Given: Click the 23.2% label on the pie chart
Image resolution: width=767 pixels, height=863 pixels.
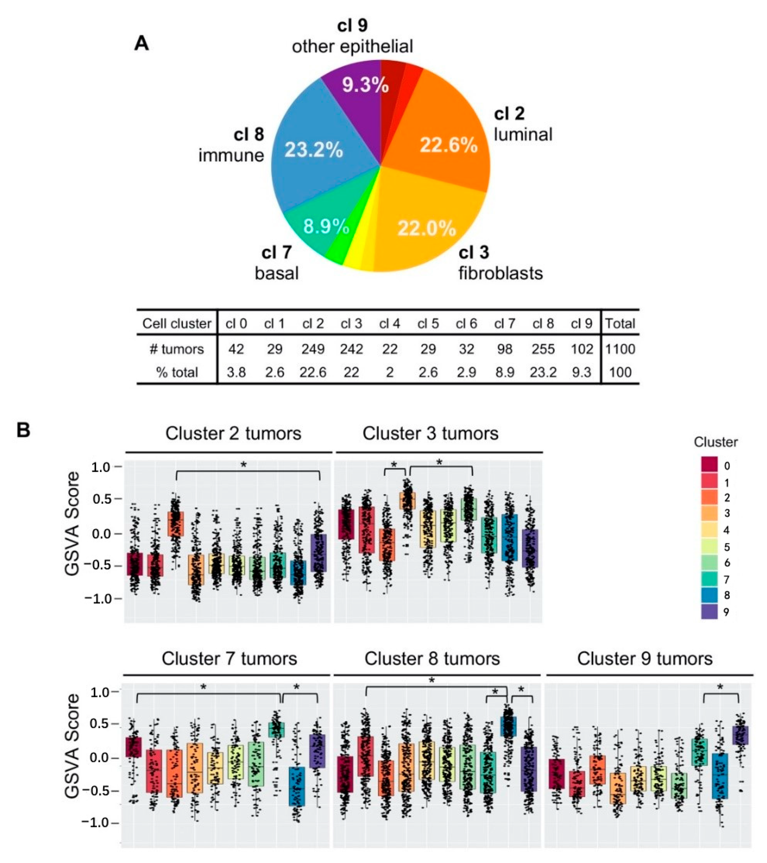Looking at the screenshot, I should click(x=313, y=150).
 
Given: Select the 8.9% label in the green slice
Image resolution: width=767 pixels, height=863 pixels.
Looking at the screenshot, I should click(x=326, y=227).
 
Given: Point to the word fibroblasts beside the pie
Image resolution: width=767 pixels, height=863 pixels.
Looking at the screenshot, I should click(x=501, y=273).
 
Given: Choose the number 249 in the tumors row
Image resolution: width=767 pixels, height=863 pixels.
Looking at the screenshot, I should click(x=313, y=349).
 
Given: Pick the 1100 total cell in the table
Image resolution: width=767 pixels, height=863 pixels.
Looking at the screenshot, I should click(x=620, y=349).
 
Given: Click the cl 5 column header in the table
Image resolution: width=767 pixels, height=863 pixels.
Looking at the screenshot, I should click(x=428, y=324).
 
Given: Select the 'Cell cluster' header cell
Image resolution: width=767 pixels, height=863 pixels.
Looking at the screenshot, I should click(x=177, y=324).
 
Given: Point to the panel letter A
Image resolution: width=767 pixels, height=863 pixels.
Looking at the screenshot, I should click(x=141, y=43).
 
